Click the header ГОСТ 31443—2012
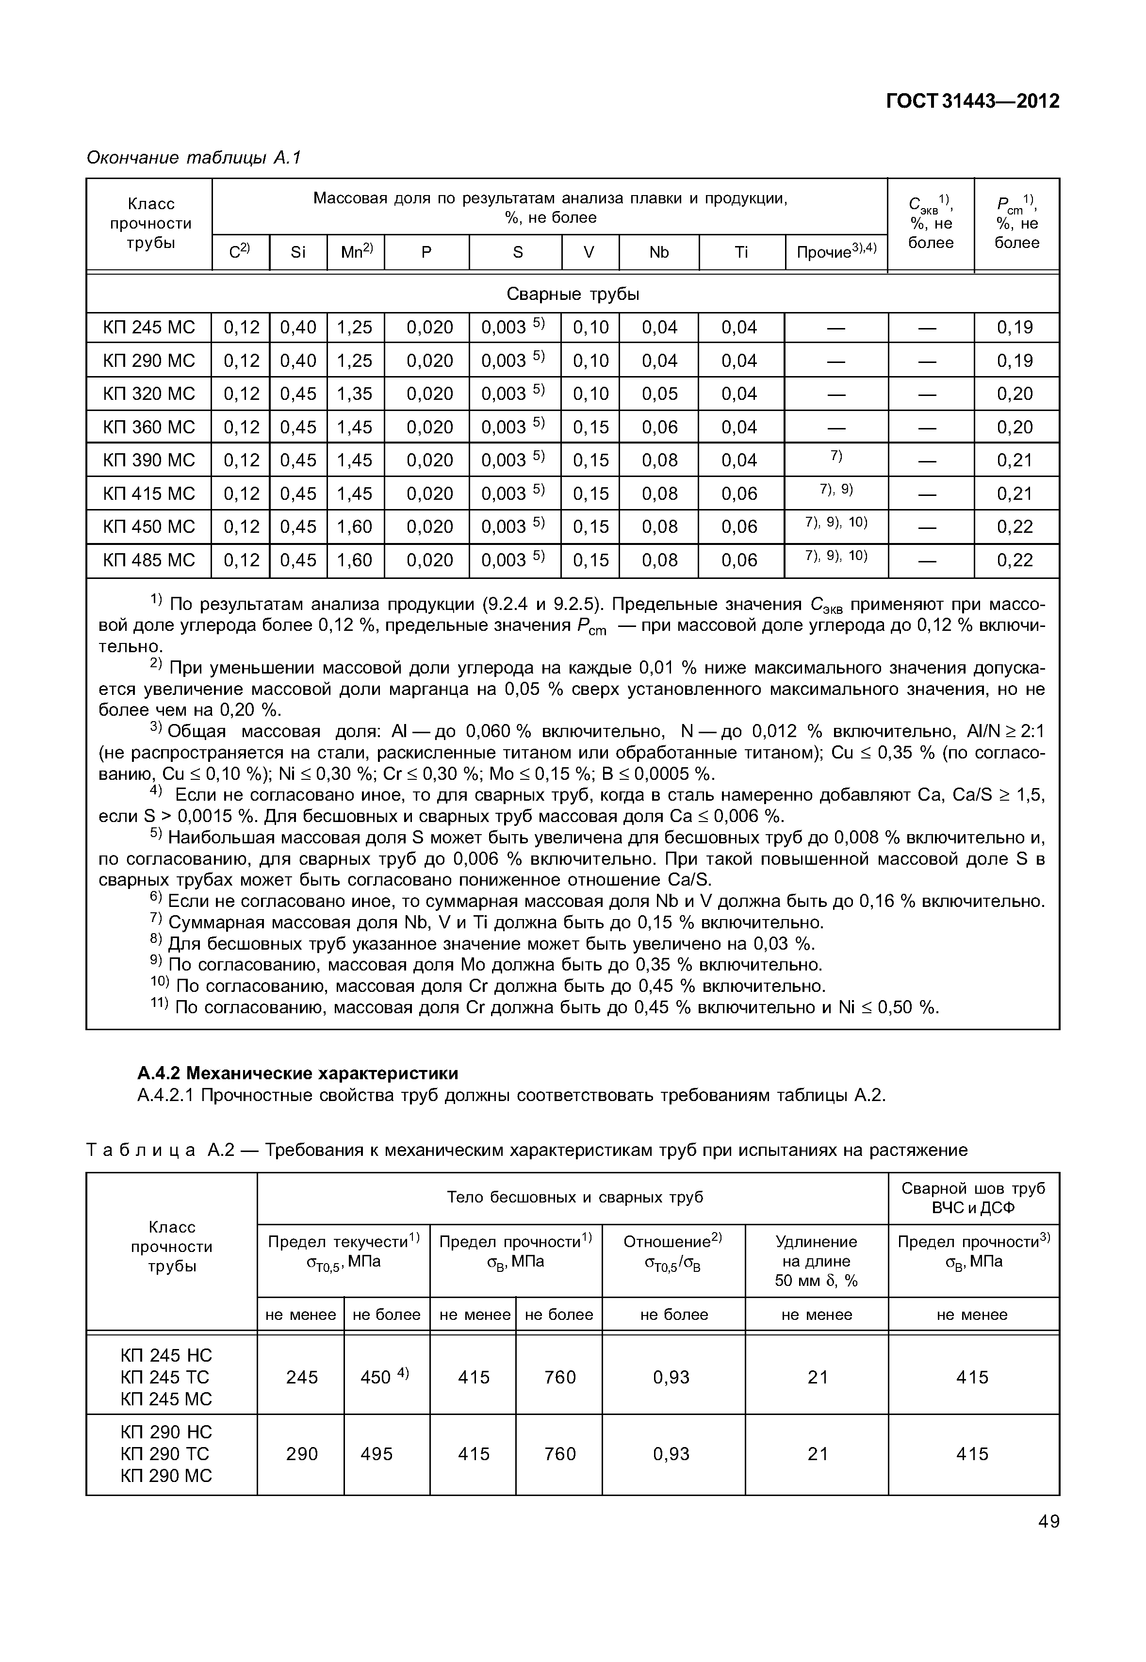[972, 101]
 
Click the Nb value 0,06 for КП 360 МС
[659, 428]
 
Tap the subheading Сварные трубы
[573, 295]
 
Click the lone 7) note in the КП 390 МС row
[836, 456]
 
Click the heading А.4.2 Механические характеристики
[297, 1074]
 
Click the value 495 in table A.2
[377, 1454]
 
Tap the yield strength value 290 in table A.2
[302, 1454]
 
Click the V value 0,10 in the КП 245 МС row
[590, 328]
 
